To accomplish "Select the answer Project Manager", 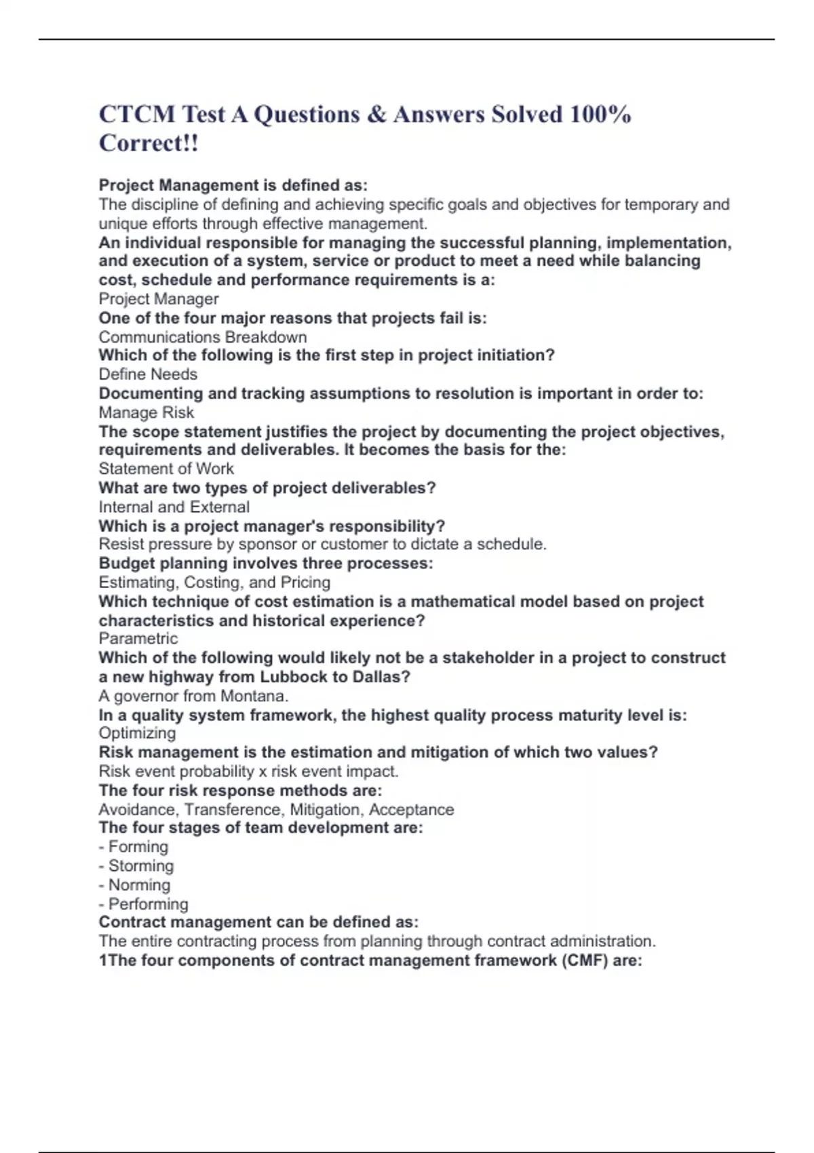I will tap(159, 299).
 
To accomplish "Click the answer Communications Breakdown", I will tap(203, 337).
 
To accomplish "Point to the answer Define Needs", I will tap(148, 374).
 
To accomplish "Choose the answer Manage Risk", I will tap(147, 412).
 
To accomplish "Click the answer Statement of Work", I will tap(166, 469).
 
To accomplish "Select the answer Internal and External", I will tap(174, 507).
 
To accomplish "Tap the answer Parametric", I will tap(138, 638).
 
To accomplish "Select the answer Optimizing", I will tap(137, 733).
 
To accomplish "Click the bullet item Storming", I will tap(140, 866).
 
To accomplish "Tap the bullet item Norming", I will tap(139, 885).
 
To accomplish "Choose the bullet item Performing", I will tap(148, 904).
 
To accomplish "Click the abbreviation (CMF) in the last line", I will tap(585, 960).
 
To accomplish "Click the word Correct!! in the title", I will tap(149, 143).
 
